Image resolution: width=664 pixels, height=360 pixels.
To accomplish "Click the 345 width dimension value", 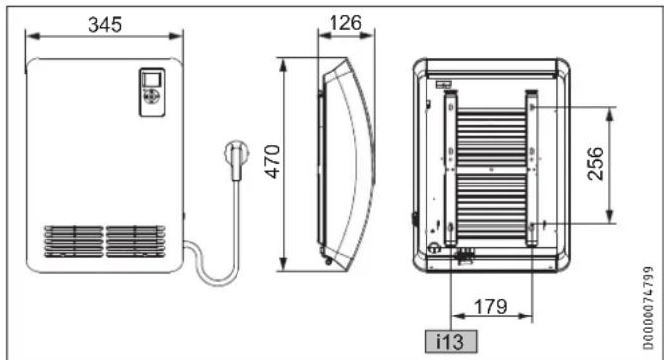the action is click(105, 25).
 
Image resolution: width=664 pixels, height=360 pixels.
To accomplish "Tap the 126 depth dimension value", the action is click(345, 23).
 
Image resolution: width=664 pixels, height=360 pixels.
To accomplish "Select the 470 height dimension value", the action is click(273, 161).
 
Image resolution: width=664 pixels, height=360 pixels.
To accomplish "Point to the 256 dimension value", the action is click(595, 164).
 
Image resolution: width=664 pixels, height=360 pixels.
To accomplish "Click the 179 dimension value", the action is click(491, 306).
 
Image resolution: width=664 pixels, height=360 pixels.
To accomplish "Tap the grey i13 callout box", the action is click(450, 341).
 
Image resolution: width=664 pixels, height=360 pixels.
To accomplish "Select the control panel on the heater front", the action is click(152, 92).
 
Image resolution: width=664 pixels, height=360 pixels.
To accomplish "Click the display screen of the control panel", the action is click(151, 79).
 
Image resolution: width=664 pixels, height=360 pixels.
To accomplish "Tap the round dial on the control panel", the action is click(151, 96).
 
